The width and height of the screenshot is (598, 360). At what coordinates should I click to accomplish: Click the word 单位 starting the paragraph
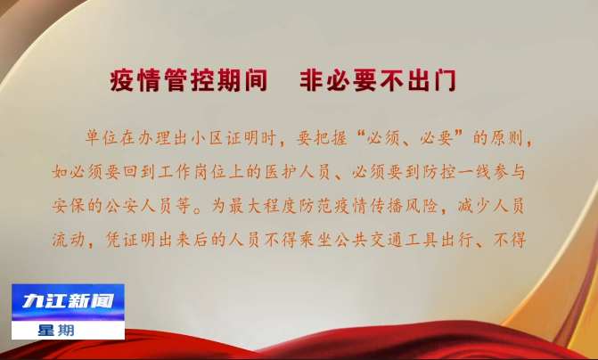pyautogui.click(x=94, y=137)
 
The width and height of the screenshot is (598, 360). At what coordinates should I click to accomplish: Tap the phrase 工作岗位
pyautogui.click(x=191, y=172)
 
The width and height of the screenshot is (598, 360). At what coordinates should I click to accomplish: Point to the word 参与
pyautogui.click(x=509, y=172)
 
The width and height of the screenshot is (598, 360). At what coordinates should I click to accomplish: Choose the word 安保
pyautogui.click(x=69, y=206)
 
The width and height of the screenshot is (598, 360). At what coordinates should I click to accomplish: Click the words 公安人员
pyautogui.click(x=139, y=206)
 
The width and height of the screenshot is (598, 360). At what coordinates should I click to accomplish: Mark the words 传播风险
pyautogui.click(x=405, y=206)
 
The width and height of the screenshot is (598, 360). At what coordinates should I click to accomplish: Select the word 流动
pyautogui.click(x=69, y=241)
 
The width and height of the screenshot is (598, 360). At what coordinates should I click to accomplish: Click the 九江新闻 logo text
pyautogui.click(x=69, y=301)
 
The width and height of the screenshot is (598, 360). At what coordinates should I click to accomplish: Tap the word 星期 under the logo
pyautogui.click(x=56, y=331)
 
